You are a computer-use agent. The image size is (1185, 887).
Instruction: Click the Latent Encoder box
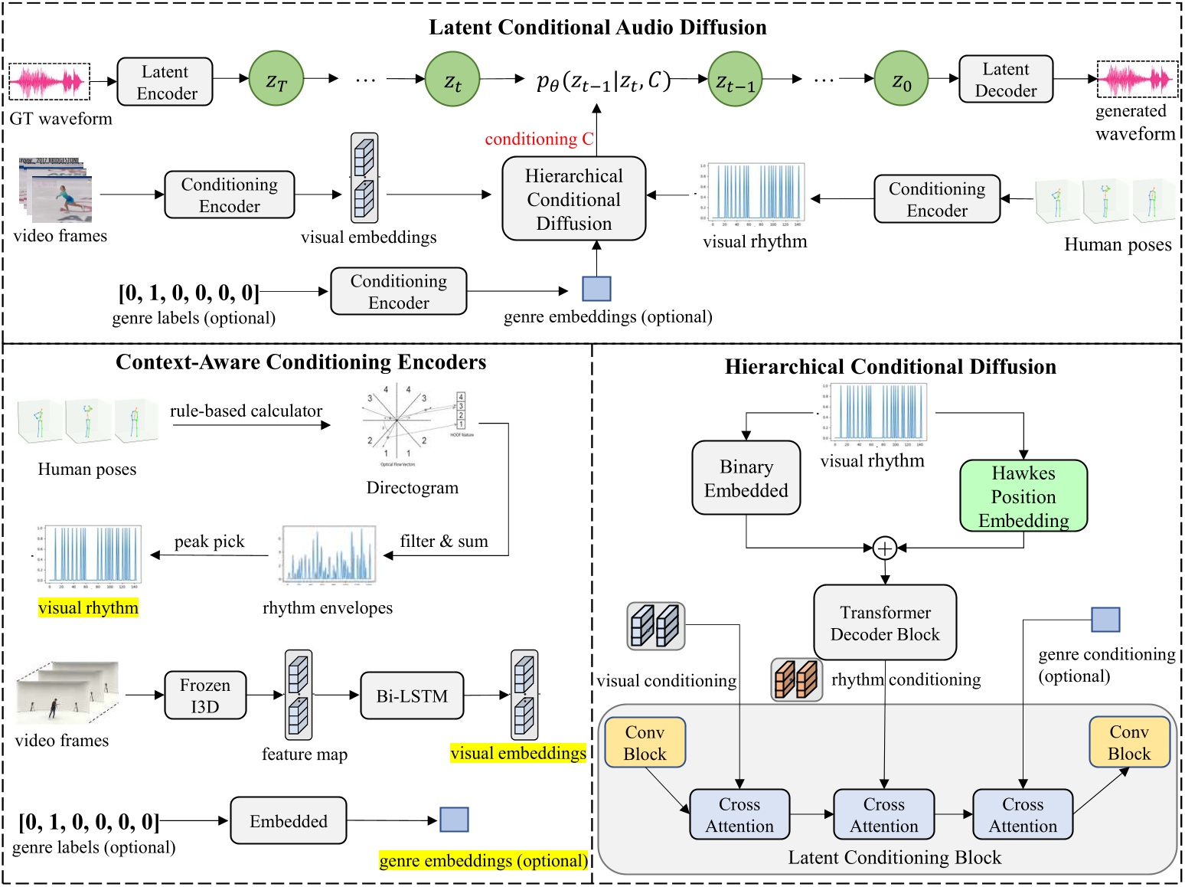pos(165,82)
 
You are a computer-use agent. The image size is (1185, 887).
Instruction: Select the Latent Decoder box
pos(1005,80)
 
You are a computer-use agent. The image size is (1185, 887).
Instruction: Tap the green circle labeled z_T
pos(276,79)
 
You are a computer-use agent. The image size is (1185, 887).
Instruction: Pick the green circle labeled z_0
pos(901,79)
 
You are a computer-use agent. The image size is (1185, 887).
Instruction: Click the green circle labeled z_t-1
pos(735,79)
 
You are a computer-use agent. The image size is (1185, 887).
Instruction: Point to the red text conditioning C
pos(539,139)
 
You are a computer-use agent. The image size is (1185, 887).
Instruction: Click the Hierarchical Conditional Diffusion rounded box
pos(573,199)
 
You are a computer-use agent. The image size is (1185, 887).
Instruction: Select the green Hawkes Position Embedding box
pos(1023,496)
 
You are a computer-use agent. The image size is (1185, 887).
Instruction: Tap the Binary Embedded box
pos(746,478)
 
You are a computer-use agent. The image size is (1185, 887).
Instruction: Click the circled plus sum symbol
pos(884,548)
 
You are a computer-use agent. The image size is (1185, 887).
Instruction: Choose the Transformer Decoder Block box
pos(884,623)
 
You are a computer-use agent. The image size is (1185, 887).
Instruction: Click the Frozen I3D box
pos(205,696)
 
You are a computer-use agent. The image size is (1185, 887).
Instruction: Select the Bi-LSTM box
pos(412,696)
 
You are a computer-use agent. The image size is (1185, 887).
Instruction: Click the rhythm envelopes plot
pos(328,555)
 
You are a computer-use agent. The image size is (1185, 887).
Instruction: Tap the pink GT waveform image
pos(49,82)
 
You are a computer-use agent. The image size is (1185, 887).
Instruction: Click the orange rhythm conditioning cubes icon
pos(796,680)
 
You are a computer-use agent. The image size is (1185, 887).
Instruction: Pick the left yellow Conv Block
pos(645,743)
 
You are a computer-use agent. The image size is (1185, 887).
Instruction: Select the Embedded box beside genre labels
pos(288,821)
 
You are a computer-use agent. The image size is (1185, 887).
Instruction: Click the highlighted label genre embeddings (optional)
pos(483,861)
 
